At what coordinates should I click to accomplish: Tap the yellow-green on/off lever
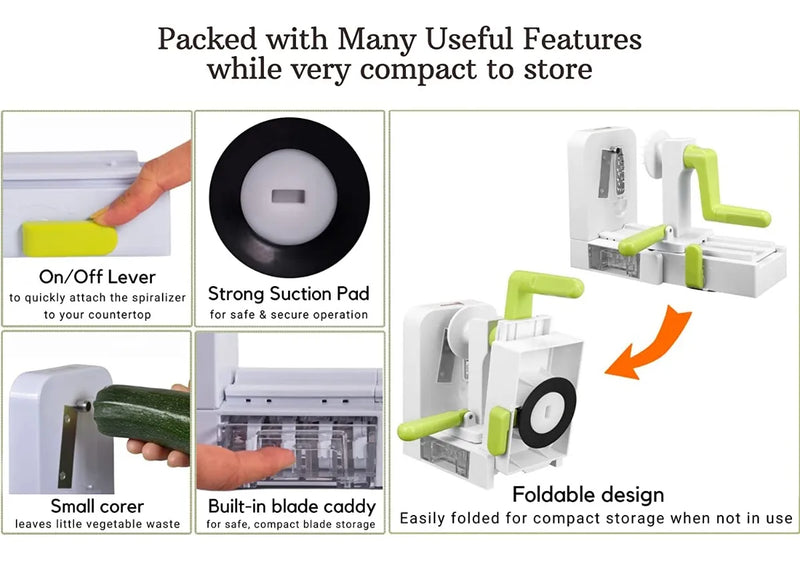point(70,239)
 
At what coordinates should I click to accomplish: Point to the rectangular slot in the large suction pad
point(288,196)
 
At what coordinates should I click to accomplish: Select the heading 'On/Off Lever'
point(97,277)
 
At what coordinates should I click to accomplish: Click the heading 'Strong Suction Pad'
point(289,293)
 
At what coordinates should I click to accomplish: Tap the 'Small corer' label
point(97,506)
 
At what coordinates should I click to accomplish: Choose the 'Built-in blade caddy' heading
point(292,506)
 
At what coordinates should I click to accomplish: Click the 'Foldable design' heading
point(588,494)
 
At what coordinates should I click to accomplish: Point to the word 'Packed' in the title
point(207,39)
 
